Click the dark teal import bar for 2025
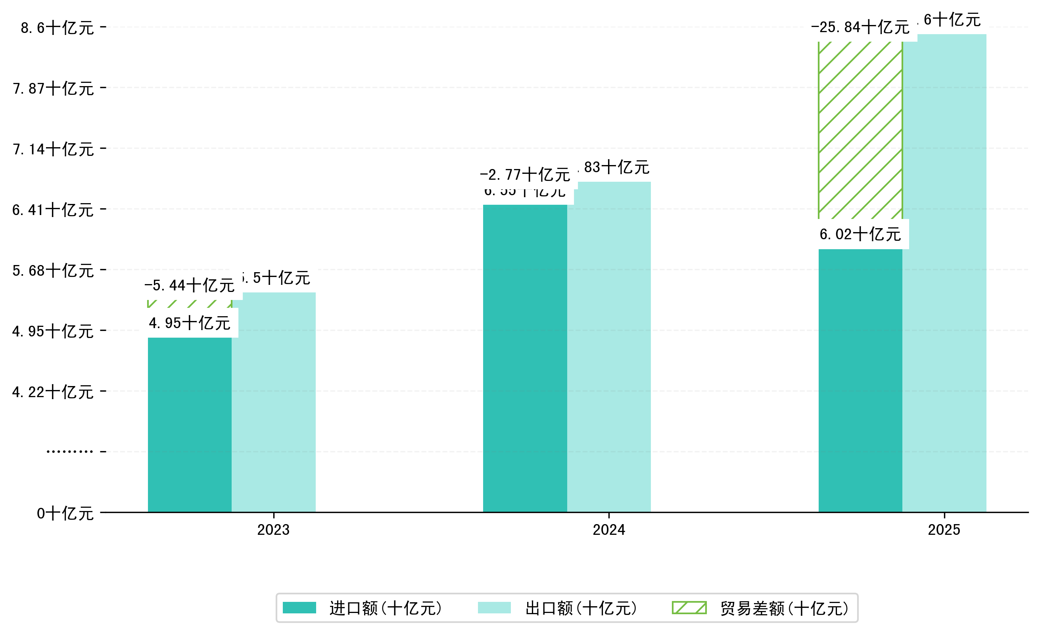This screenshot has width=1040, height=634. click(x=860, y=380)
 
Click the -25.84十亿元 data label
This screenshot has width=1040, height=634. click(x=860, y=27)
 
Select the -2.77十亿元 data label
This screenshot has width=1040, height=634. click(x=525, y=174)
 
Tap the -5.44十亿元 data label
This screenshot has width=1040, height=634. click(x=189, y=285)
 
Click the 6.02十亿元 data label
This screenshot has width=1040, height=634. click(x=860, y=234)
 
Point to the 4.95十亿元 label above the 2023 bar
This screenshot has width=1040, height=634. click(x=189, y=323)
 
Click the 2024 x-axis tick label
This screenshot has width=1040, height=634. click(x=608, y=530)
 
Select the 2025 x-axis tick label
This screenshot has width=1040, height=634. click(x=944, y=530)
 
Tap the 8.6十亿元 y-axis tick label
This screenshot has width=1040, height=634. click(x=58, y=28)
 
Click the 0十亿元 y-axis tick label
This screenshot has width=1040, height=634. click(x=65, y=513)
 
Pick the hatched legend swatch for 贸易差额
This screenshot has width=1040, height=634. click(x=689, y=608)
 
